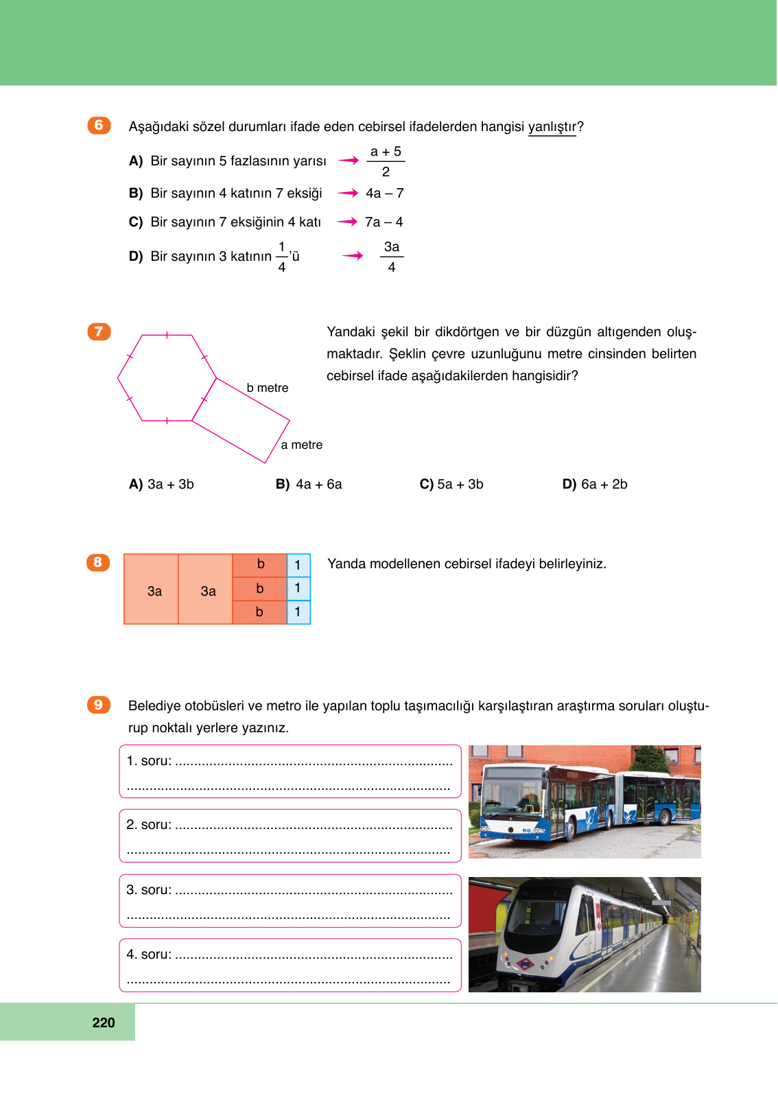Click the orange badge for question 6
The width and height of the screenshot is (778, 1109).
coord(99,126)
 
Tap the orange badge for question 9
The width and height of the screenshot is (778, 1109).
coord(99,705)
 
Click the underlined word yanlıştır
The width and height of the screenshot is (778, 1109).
coord(552,127)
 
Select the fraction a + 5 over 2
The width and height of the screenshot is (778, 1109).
coord(386,161)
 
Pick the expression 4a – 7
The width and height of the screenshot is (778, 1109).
coord(384,194)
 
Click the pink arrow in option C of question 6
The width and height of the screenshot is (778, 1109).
coord(348,222)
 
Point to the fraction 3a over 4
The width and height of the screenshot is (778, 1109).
coord(392,257)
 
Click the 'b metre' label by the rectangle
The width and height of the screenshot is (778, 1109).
coord(268,388)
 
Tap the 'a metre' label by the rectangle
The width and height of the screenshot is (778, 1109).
coord(301,445)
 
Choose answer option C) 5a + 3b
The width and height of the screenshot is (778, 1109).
coord(451,485)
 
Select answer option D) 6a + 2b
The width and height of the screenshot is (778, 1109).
coord(595,485)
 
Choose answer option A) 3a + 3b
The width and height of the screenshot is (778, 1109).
coord(162,485)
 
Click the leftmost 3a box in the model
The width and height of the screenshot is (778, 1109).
coord(152,590)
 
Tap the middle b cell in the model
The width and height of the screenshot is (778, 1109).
coord(259,588)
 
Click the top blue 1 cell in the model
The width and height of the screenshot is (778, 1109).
coord(298,565)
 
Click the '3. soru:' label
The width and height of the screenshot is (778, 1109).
coord(149,890)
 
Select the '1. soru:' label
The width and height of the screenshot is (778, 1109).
coord(149,761)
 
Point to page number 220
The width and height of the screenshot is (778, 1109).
coord(104,1023)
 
